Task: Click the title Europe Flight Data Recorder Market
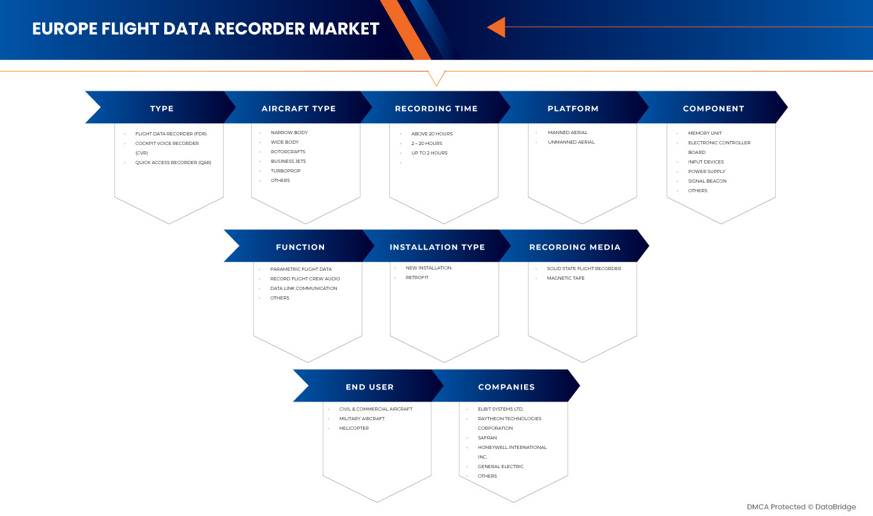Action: click(x=205, y=29)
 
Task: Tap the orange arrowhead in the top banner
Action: click(x=497, y=27)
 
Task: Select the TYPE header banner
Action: click(x=162, y=109)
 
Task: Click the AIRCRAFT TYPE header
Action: click(x=298, y=109)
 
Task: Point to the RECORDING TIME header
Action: click(x=436, y=109)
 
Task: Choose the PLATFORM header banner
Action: click(x=573, y=109)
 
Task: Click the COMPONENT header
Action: click(x=713, y=109)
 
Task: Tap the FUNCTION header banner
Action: click(x=300, y=247)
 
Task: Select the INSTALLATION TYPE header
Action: click(x=437, y=247)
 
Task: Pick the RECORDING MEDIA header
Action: click(x=575, y=247)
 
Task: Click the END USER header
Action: click(x=369, y=387)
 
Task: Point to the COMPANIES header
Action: click(x=506, y=387)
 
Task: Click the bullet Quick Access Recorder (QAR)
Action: click(x=173, y=163)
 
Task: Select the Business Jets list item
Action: click(x=288, y=162)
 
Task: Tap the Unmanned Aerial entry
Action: click(x=571, y=142)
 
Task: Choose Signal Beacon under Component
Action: click(x=707, y=181)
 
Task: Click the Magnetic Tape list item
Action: click(x=566, y=278)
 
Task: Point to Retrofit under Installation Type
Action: click(x=417, y=278)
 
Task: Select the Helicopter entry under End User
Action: click(x=353, y=429)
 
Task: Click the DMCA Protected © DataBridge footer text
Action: click(x=801, y=507)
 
